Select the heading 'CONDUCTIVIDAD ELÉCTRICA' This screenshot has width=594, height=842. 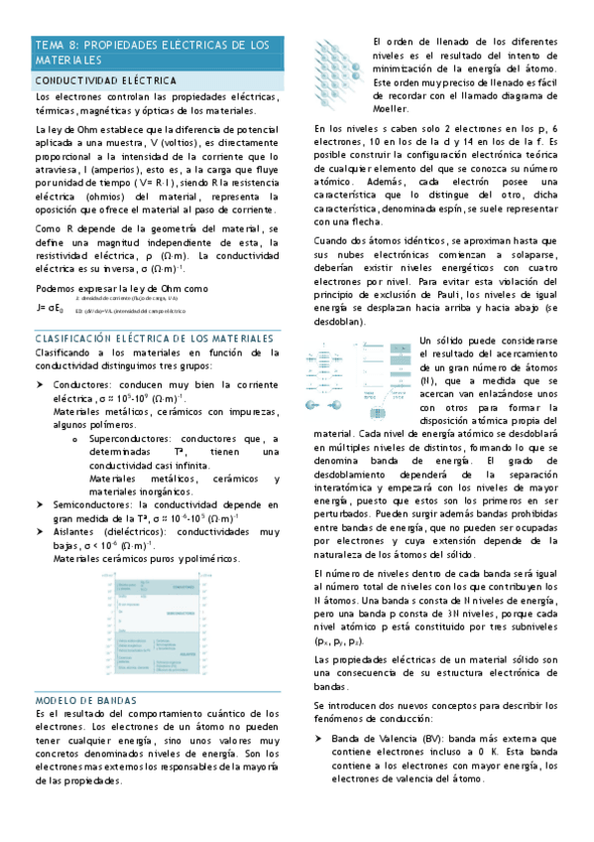click(106, 79)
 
